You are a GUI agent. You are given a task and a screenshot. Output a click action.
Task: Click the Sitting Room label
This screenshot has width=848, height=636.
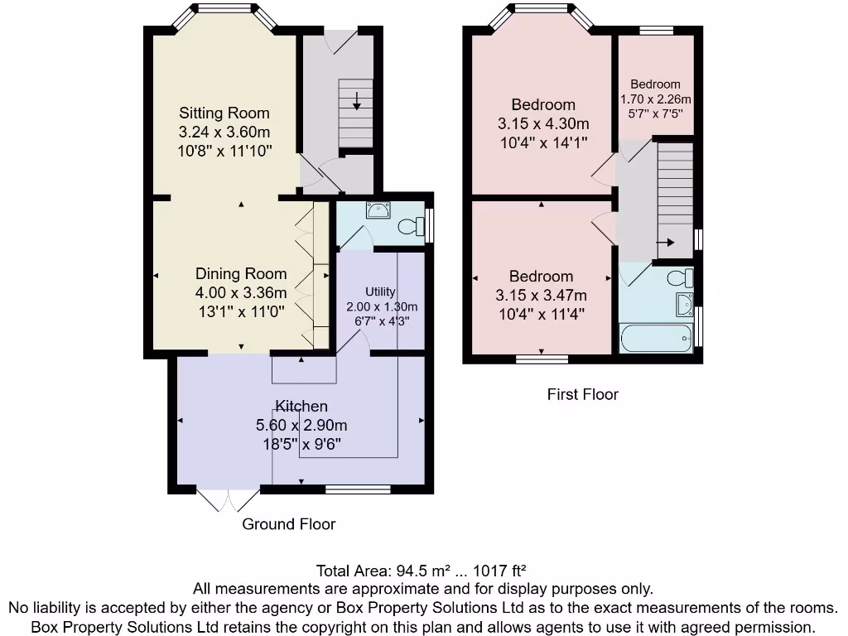coord(224,113)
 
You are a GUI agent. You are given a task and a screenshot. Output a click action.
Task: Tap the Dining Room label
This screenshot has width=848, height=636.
coord(241,274)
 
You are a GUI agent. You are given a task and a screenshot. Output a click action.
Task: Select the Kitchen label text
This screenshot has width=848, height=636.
coord(301,407)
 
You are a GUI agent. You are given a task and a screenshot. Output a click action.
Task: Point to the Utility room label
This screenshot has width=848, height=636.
coord(381,291)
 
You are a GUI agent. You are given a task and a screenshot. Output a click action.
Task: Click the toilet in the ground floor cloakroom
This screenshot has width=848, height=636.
coord(409,226)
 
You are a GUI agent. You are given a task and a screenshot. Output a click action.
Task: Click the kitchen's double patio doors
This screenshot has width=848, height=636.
coord(229,500)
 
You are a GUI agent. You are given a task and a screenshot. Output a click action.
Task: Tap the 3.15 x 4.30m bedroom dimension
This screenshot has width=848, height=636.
coord(543,124)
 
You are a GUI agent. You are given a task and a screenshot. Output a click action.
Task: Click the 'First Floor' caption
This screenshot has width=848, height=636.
coord(582,395)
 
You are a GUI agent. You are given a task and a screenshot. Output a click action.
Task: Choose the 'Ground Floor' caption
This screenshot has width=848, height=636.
coord(288,524)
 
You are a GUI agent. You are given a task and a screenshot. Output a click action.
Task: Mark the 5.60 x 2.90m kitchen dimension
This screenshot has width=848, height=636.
coord(301,426)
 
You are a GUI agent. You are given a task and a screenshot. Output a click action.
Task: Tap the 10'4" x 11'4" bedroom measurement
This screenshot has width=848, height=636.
coord(542,314)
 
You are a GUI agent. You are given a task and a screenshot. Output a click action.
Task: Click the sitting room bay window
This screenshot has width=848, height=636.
coord(224,11)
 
